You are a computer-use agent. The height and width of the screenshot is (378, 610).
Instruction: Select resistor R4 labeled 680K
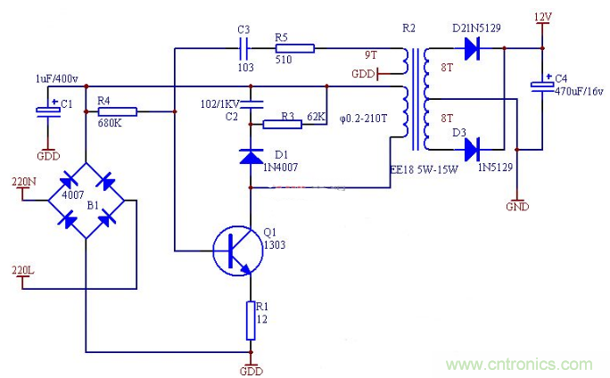116,111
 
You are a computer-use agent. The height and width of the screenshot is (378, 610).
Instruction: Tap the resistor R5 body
293,48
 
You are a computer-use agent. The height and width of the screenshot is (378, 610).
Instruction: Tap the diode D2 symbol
470,50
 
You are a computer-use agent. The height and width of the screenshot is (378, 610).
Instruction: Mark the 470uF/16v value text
581,91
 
